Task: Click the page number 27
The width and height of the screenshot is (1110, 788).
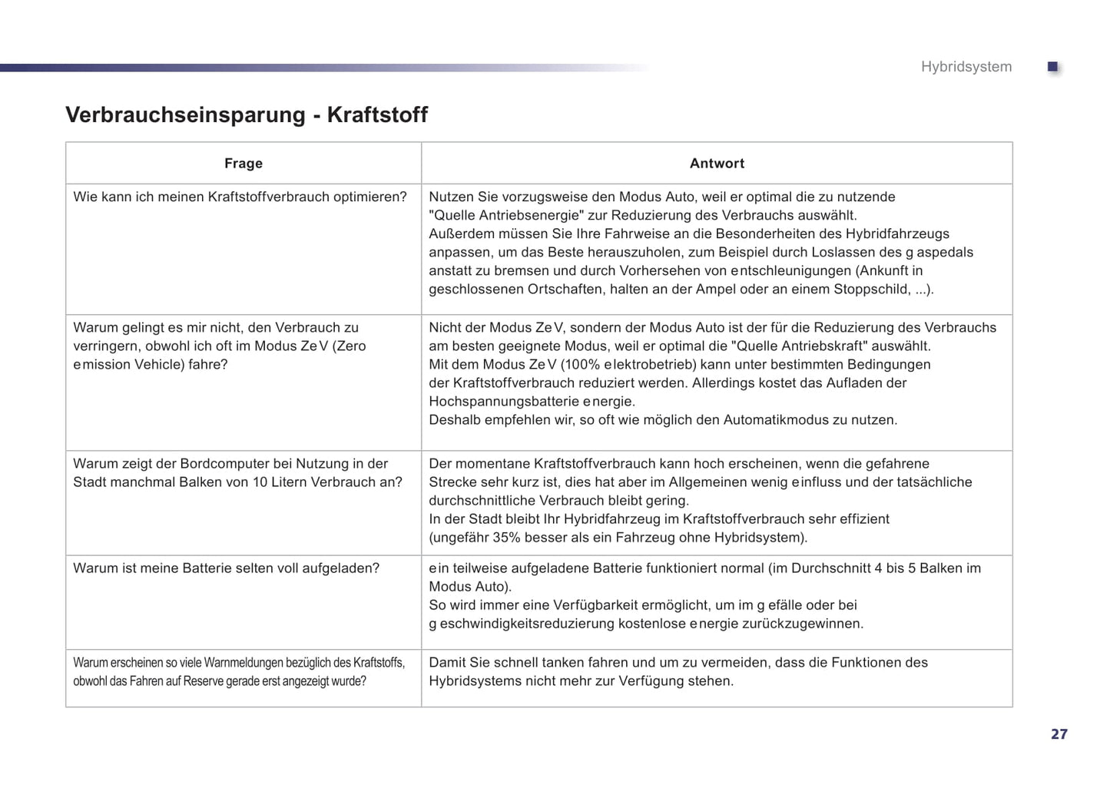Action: tap(1059, 734)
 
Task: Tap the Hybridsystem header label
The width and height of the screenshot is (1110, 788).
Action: tap(966, 67)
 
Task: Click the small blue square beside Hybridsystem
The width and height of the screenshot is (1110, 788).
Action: tap(1053, 68)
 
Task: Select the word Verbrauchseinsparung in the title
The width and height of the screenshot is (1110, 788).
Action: tap(185, 114)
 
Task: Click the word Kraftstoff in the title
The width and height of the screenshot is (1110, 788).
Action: tap(377, 114)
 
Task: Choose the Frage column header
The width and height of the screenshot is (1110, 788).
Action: tap(244, 163)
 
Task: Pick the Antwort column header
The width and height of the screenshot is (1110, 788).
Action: tap(717, 163)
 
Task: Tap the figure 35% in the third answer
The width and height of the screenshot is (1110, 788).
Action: tap(507, 537)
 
